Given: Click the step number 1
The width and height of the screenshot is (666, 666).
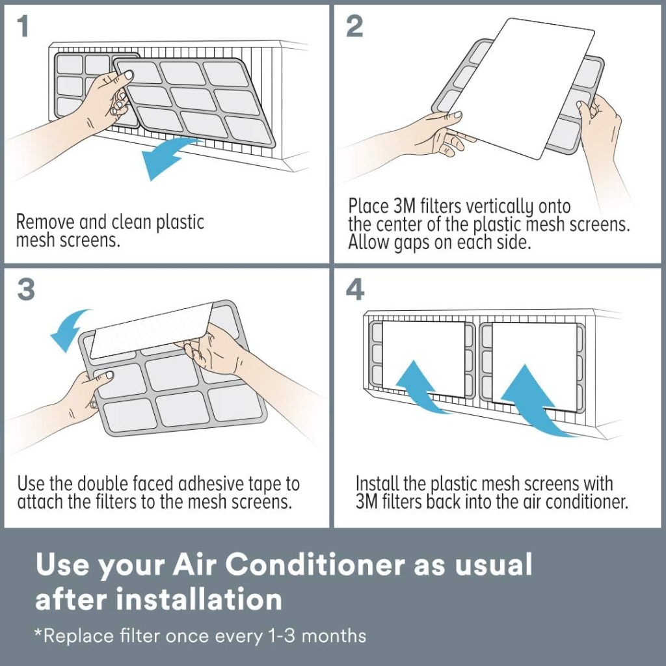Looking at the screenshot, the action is tap(23, 26).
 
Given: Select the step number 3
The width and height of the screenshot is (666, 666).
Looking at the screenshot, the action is tap(26, 290).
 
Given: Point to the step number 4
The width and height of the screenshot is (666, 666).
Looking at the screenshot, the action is tap(355, 290).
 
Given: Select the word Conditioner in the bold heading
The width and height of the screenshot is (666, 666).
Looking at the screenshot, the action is tap(314, 565).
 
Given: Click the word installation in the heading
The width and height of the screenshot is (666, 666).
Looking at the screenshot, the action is tap(199, 599).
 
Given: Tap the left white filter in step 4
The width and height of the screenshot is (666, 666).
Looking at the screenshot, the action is tap(423, 359).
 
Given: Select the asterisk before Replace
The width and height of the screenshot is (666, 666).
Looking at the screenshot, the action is tap(38, 633).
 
